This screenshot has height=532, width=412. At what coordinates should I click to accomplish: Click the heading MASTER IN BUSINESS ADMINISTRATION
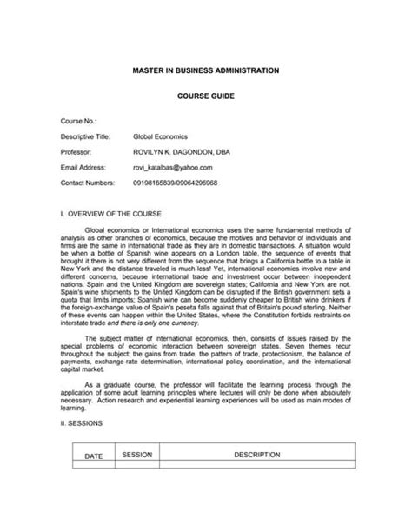206,68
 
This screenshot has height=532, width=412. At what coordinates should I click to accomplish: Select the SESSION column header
137,478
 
